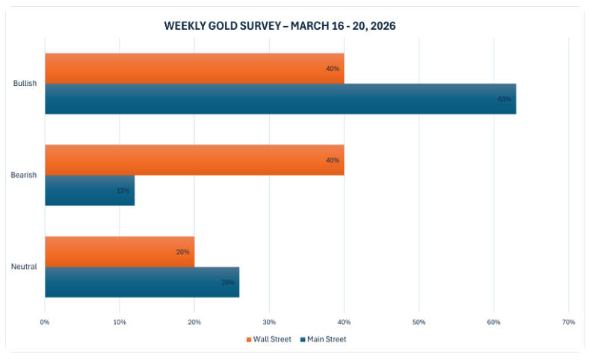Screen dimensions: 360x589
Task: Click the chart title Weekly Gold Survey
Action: tap(280, 26)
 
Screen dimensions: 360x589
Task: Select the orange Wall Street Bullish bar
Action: tap(194, 68)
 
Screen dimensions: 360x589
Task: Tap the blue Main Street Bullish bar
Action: tap(280, 99)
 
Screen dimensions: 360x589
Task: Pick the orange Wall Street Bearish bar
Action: tap(194, 160)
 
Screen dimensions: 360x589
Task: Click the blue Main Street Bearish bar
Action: tap(90, 190)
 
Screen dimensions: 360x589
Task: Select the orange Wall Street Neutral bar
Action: tap(120, 252)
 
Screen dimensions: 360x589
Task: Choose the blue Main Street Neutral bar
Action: tap(142, 282)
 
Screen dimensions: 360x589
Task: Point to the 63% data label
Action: tap(505, 99)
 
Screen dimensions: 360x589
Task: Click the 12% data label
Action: tap(123, 191)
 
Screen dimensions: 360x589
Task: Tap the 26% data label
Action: tap(227, 282)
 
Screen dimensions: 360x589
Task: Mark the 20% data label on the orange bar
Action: tap(182, 252)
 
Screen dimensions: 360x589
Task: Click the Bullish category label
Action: tap(25, 84)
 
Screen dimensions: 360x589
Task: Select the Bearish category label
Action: tap(25, 176)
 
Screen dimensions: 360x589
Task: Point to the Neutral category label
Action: tap(25, 267)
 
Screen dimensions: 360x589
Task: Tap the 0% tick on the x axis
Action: tap(45, 322)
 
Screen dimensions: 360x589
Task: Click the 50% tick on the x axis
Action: tap(419, 322)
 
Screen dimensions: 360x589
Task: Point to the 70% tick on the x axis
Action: tap(568, 322)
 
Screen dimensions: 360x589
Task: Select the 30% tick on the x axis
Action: tap(269, 322)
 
